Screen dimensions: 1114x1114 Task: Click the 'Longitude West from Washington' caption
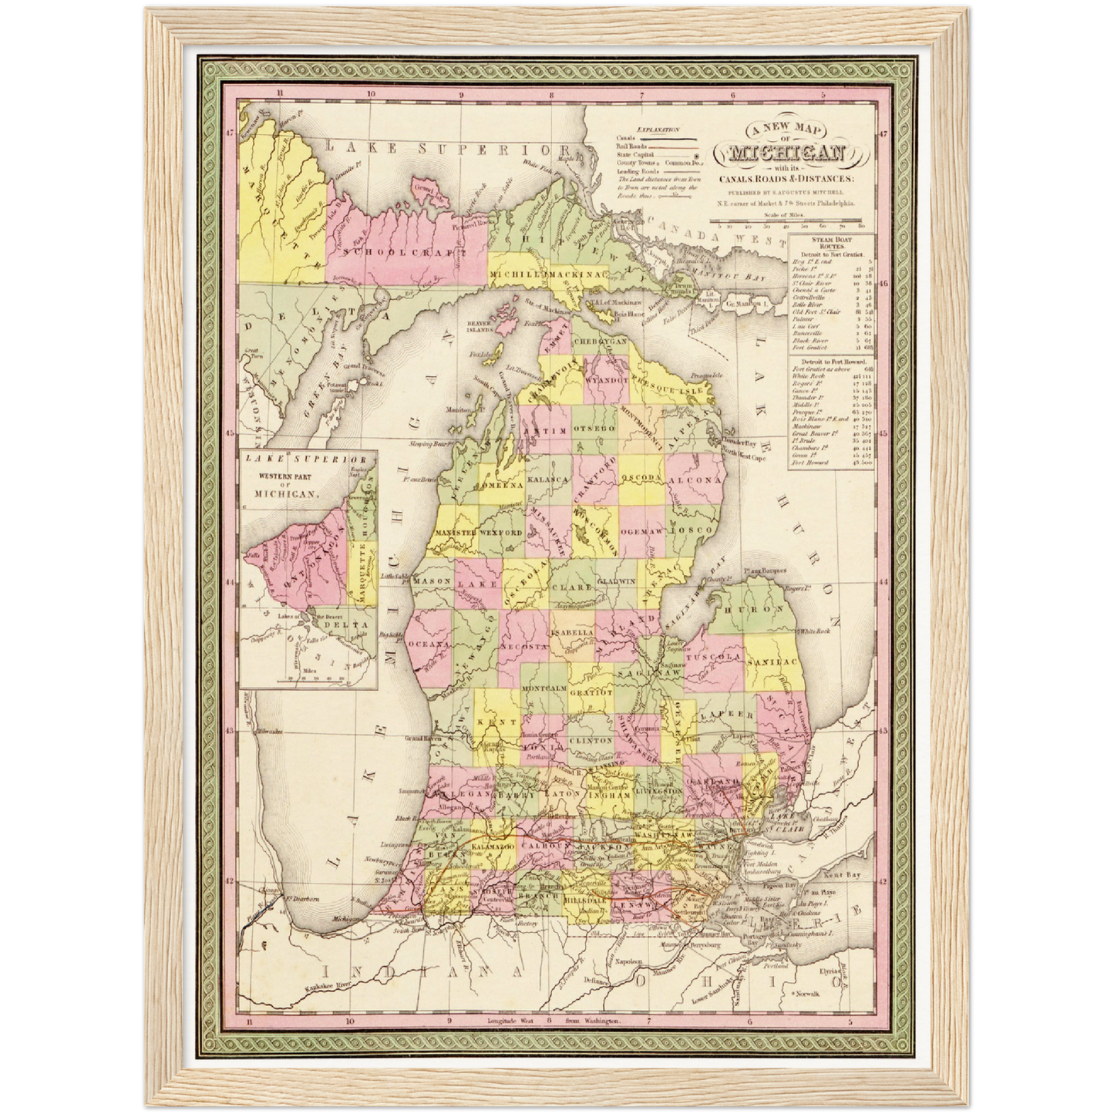click(553, 1022)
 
